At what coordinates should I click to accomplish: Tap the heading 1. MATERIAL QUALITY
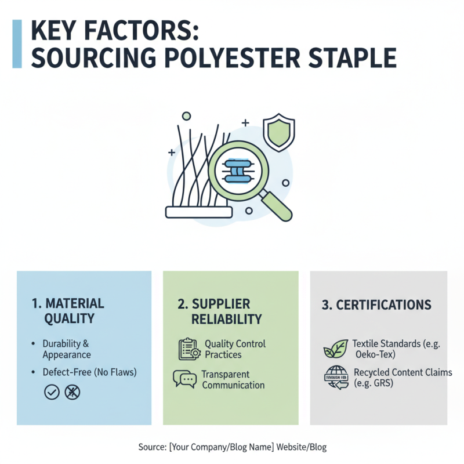pyautogui.click(x=67, y=310)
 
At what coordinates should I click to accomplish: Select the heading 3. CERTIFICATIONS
pyautogui.click(x=376, y=305)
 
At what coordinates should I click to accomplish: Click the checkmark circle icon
pyautogui.click(x=52, y=392)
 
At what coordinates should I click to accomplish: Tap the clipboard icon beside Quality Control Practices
pyautogui.click(x=188, y=349)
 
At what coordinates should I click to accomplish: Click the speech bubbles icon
pyautogui.click(x=184, y=379)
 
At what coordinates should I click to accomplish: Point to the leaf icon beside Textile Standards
pyautogui.click(x=335, y=349)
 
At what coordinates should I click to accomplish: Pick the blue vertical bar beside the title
pyautogui.click(x=17, y=44)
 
